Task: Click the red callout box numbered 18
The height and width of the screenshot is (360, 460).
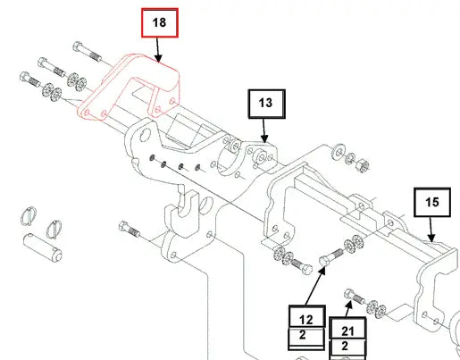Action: [160, 23]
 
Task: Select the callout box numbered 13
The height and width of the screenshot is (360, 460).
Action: [267, 104]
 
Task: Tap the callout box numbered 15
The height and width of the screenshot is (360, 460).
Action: [432, 202]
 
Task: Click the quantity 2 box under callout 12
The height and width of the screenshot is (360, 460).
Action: [306, 337]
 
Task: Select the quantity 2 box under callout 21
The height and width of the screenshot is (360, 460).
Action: [347, 347]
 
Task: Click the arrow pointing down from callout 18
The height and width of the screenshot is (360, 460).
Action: [158, 50]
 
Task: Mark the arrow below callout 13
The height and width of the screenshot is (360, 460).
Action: [264, 130]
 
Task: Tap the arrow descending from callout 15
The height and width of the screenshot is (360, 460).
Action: [431, 230]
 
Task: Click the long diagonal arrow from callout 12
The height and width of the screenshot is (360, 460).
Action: [315, 286]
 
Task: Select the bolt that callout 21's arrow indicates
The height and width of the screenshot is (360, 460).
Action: [355, 296]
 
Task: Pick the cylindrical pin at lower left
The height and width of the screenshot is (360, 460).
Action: [43, 247]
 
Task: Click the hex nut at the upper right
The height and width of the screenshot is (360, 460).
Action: [363, 165]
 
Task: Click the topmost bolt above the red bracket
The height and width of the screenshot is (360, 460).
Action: [87, 52]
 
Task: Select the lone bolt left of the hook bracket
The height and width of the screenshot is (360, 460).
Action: [129, 229]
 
